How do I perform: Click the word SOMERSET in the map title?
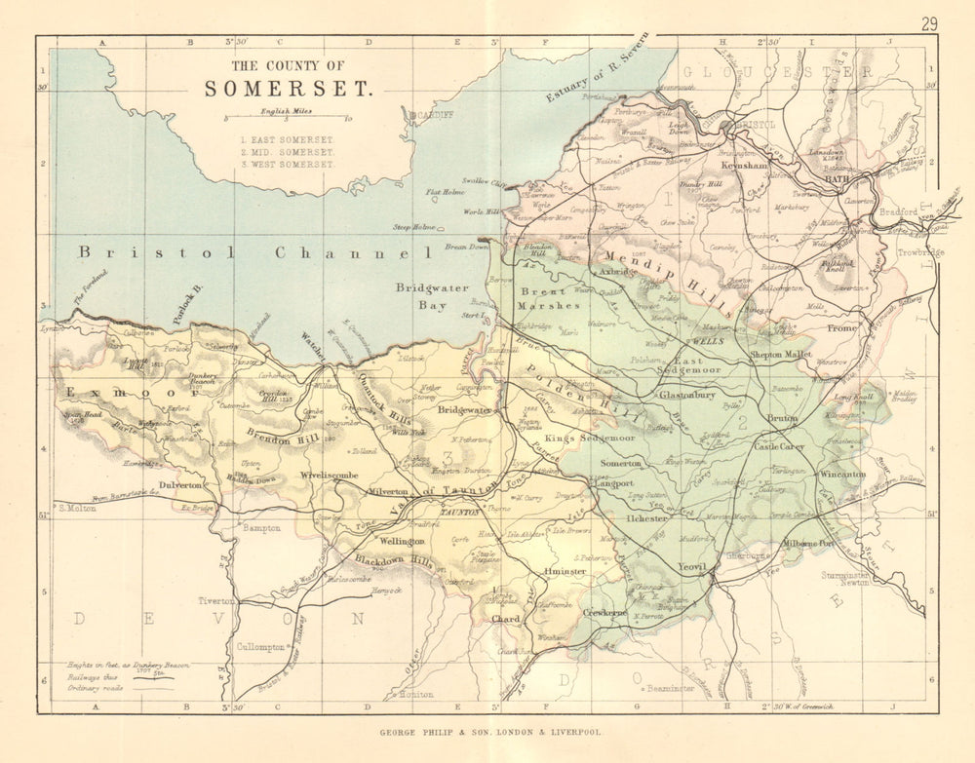[x=288, y=89]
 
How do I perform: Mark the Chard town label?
[x=506, y=618]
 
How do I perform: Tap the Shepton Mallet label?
[x=780, y=355]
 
